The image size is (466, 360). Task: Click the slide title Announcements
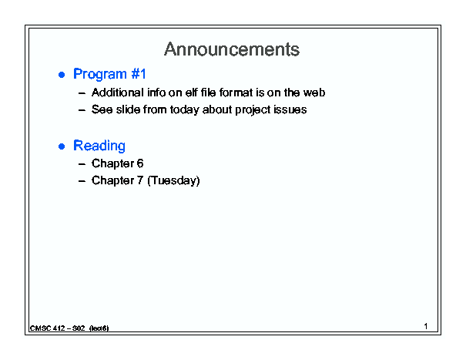pos(232,49)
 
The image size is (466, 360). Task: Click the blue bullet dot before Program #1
pos(62,75)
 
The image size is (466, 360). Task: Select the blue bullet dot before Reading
pos(62,146)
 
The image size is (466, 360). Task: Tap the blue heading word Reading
pos(99,146)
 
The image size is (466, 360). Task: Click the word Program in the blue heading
pos(100,74)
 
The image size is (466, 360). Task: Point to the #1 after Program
pos(139,74)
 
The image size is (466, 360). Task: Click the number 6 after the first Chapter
pos(140,163)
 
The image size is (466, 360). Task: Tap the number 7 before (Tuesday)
pos(140,180)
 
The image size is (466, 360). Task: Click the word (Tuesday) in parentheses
pos(173,181)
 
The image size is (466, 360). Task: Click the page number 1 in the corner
pos(426,326)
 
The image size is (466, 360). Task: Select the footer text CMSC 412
pos(47,328)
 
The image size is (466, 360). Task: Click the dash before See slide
pos(82,110)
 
